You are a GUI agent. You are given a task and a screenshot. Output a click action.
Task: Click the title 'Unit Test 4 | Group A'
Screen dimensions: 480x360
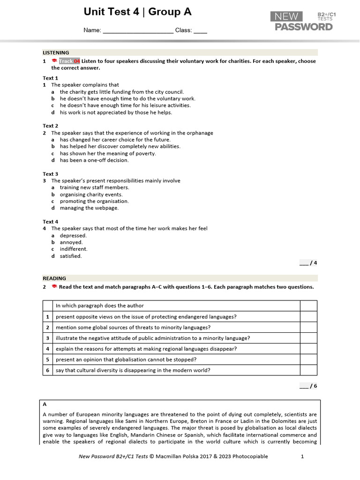[x=137, y=12]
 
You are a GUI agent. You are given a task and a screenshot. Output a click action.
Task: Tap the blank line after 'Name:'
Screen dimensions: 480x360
[x=138, y=31]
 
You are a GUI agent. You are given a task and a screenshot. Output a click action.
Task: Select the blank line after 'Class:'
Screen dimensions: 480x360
[x=200, y=31]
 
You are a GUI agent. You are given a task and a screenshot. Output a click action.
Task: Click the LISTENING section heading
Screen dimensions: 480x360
[x=56, y=53]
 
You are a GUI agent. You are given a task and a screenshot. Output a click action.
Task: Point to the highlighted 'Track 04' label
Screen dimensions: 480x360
[x=69, y=61]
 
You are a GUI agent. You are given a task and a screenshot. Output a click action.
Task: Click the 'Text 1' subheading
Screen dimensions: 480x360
[x=51, y=78]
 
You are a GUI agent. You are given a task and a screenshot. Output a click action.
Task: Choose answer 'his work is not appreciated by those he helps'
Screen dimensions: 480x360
[x=116, y=112]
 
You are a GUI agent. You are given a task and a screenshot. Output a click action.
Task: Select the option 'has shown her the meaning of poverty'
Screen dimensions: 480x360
[x=108, y=153]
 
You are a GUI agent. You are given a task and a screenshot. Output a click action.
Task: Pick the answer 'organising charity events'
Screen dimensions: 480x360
[x=91, y=195]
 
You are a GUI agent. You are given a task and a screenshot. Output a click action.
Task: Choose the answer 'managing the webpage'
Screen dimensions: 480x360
[x=89, y=208]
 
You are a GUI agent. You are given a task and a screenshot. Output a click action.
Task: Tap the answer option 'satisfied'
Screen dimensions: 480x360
[x=70, y=256]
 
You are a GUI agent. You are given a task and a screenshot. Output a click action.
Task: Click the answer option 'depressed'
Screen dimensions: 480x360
[x=73, y=235]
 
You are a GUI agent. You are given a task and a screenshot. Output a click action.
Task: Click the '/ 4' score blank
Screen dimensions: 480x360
[x=308, y=263]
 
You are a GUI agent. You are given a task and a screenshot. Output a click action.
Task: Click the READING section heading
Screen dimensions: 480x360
[x=54, y=278]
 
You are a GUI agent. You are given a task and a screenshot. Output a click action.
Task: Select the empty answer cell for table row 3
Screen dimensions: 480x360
[x=308, y=338]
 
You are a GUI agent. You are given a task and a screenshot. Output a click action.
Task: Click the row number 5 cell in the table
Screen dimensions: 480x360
[x=47, y=360]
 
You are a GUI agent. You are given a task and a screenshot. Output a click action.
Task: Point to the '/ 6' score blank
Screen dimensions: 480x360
[x=308, y=386]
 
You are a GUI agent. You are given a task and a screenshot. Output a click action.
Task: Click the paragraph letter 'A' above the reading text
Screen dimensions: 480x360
[x=45, y=404]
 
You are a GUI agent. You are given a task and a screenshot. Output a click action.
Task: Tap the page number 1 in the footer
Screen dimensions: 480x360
[x=302, y=456]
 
